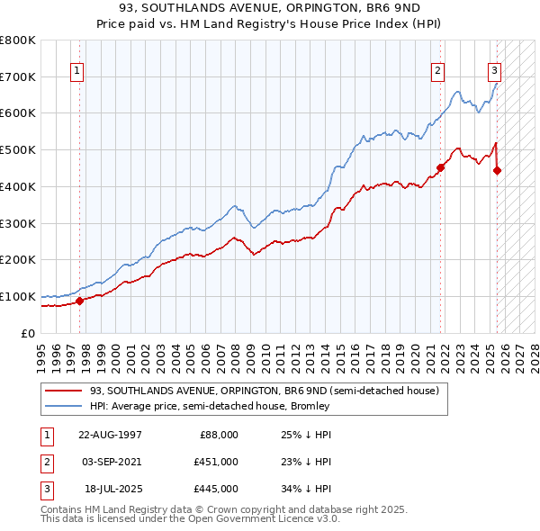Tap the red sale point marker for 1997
coord(79,301)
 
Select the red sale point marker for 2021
coord(441,166)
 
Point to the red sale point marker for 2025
coord(498,169)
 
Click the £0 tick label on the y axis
coord(29,333)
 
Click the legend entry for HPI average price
coord(210,406)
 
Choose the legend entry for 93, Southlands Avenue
coord(264,391)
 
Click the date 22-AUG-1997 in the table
coord(110,434)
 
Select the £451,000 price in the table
coord(217,462)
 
